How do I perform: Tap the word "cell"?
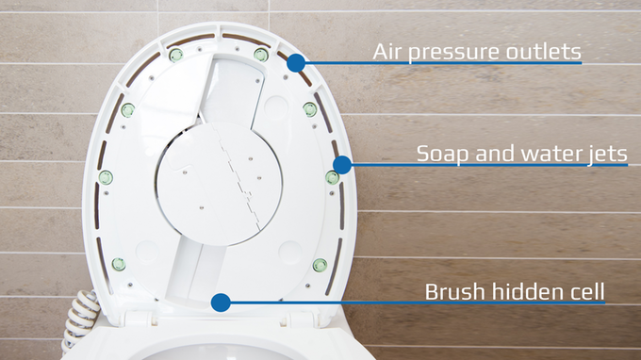click(586, 292)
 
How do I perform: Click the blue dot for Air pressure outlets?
click(296, 63)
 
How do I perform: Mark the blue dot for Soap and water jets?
click(342, 165)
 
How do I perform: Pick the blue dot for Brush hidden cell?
click(221, 303)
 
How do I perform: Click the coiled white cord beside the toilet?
click(80, 319)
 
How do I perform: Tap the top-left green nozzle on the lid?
click(176, 55)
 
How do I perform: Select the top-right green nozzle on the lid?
click(261, 55)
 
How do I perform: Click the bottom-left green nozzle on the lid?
click(119, 265)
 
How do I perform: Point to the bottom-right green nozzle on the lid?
click(320, 265)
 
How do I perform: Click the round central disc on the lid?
click(219, 184)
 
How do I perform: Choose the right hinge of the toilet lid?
click(301, 318)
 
